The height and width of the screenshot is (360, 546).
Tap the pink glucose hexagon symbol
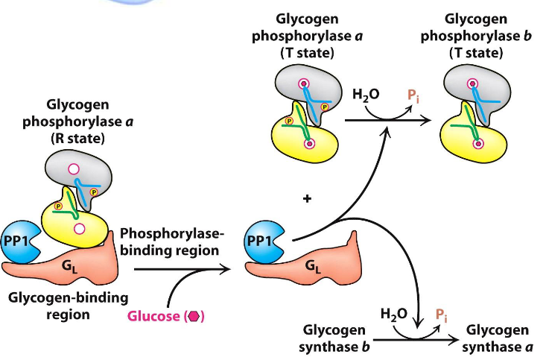click(x=194, y=315)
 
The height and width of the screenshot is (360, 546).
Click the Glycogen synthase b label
click(x=335, y=338)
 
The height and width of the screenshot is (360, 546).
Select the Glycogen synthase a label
click(x=498, y=338)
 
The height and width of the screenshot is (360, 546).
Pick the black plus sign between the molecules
click(x=306, y=200)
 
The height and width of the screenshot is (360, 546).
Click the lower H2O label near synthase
click(x=394, y=314)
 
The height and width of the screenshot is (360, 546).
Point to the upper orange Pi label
click(x=412, y=96)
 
